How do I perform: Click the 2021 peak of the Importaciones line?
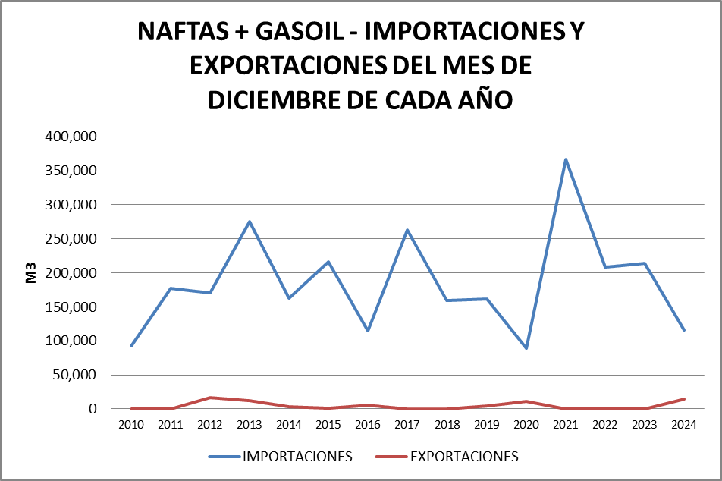click(x=566, y=159)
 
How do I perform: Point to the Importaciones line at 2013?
click(x=250, y=222)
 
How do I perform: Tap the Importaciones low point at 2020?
click(x=526, y=347)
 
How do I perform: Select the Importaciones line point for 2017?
click(x=407, y=230)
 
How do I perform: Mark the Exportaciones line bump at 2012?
click(x=210, y=398)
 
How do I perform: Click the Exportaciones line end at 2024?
click(x=684, y=399)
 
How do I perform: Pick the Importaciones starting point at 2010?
click(x=131, y=346)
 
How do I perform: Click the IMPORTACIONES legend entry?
click(x=280, y=457)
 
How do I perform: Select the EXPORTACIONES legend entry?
click(x=447, y=457)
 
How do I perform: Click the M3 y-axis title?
click(x=32, y=273)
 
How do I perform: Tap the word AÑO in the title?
click(x=485, y=99)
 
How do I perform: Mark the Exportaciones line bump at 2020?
click(x=526, y=401)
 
